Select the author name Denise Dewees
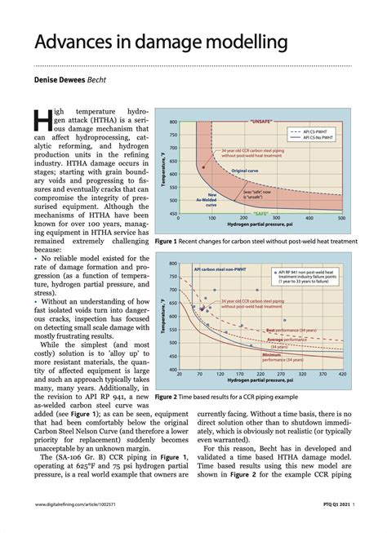[60, 80]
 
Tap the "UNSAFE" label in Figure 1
[260, 121]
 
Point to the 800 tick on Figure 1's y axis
[173, 122]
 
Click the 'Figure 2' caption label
[169, 397]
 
